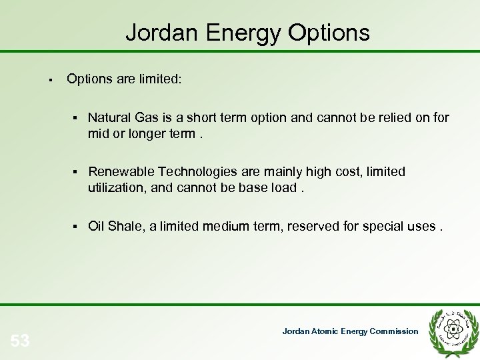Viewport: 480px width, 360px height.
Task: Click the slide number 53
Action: pos(20,341)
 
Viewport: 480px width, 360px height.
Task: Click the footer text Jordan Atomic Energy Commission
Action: pos(350,331)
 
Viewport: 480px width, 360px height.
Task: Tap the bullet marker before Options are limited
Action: pos(51,80)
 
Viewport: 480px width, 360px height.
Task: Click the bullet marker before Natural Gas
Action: pos(78,118)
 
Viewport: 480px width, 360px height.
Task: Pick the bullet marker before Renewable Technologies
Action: pos(78,172)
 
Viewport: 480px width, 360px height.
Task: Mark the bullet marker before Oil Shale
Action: pos(78,226)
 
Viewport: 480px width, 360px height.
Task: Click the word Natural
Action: pos(109,118)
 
